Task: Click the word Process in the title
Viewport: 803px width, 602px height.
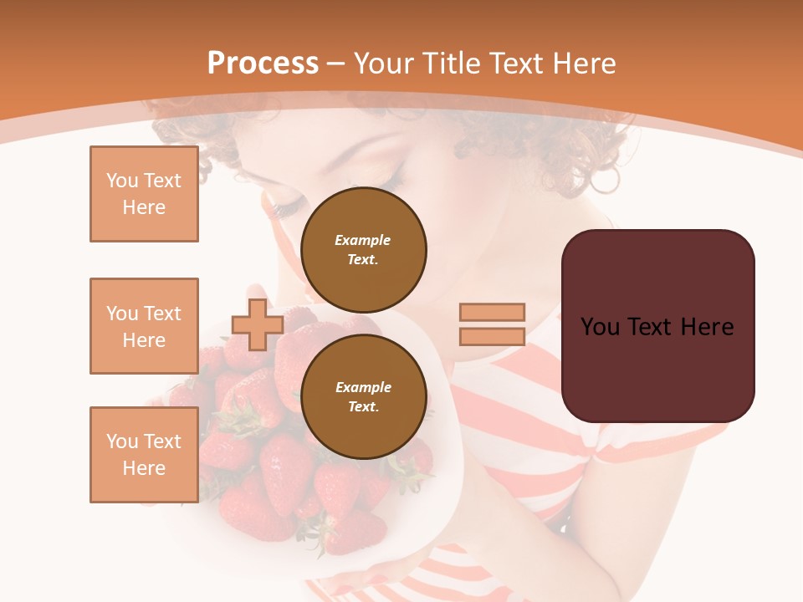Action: pyautogui.click(x=263, y=64)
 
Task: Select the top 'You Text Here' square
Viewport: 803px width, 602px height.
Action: pyautogui.click(x=144, y=194)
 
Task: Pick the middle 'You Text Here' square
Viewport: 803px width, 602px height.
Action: pyautogui.click(x=144, y=326)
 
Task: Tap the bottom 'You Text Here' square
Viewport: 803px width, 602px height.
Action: pyautogui.click(x=144, y=455)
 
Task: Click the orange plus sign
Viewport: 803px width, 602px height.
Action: pyautogui.click(x=258, y=324)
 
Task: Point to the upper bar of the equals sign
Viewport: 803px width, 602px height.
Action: pyautogui.click(x=492, y=312)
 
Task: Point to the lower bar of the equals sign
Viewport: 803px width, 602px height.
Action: pyautogui.click(x=492, y=337)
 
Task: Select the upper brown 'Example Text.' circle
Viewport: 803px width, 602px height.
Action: pyautogui.click(x=363, y=250)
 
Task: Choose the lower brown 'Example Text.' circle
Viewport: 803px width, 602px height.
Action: pyautogui.click(x=363, y=397)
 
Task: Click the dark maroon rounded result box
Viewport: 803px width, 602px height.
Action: pyautogui.click(x=657, y=368)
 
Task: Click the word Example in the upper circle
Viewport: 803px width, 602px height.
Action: pyautogui.click(x=363, y=240)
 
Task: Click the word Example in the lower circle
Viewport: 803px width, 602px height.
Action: pyautogui.click(x=363, y=387)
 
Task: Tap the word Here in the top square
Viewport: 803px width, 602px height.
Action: pyautogui.click(x=144, y=207)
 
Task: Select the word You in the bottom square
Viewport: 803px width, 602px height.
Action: pyautogui.click(x=122, y=441)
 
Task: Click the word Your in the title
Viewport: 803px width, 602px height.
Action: pyautogui.click(x=384, y=64)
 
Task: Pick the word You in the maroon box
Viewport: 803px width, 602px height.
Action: pyautogui.click(x=600, y=327)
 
